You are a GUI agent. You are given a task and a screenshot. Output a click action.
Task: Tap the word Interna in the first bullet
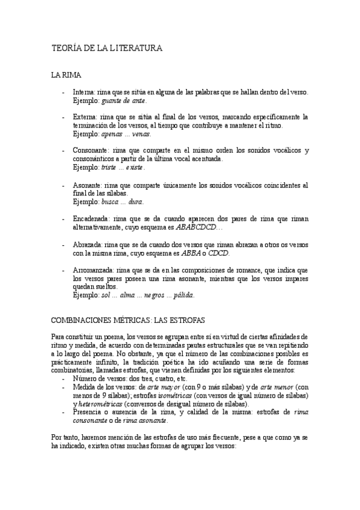84,92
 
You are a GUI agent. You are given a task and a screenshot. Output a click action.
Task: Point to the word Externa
84,117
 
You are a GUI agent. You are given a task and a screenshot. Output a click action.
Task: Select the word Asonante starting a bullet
87,185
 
